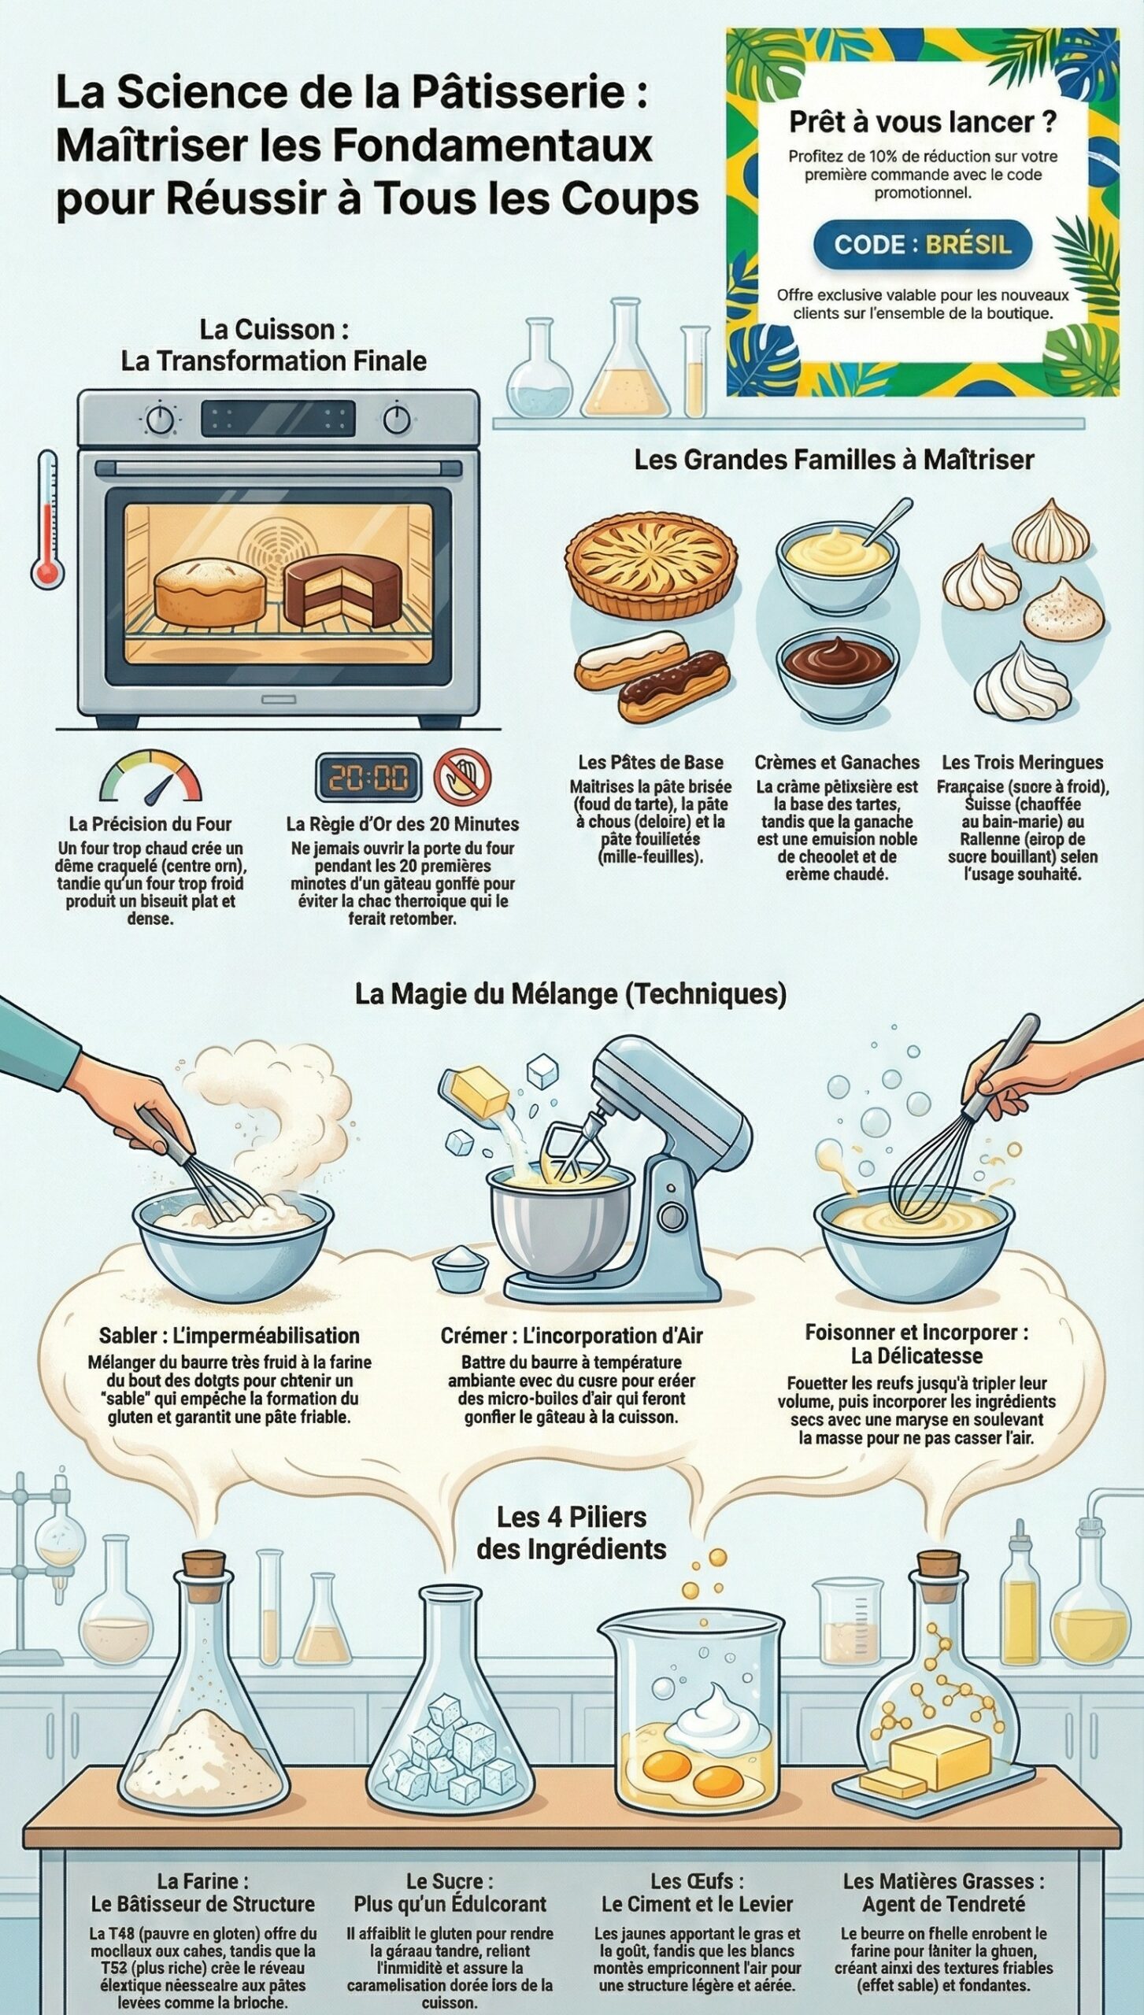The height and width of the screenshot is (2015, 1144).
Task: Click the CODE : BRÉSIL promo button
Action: tap(922, 244)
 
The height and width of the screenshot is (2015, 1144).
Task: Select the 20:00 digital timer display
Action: tap(368, 778)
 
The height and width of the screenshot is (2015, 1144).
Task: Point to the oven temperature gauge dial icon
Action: tap(150, 777)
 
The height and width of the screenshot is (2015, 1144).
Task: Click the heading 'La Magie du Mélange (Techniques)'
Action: tap(571, 993)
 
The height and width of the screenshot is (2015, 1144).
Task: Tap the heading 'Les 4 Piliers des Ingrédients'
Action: tap(572, 1533)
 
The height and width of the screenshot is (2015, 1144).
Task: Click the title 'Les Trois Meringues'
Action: tap(1022, 762)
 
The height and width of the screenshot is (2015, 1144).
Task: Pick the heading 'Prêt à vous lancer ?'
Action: tap(923, 122)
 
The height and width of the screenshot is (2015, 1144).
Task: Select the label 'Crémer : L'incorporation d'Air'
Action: tap(572, 1336)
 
